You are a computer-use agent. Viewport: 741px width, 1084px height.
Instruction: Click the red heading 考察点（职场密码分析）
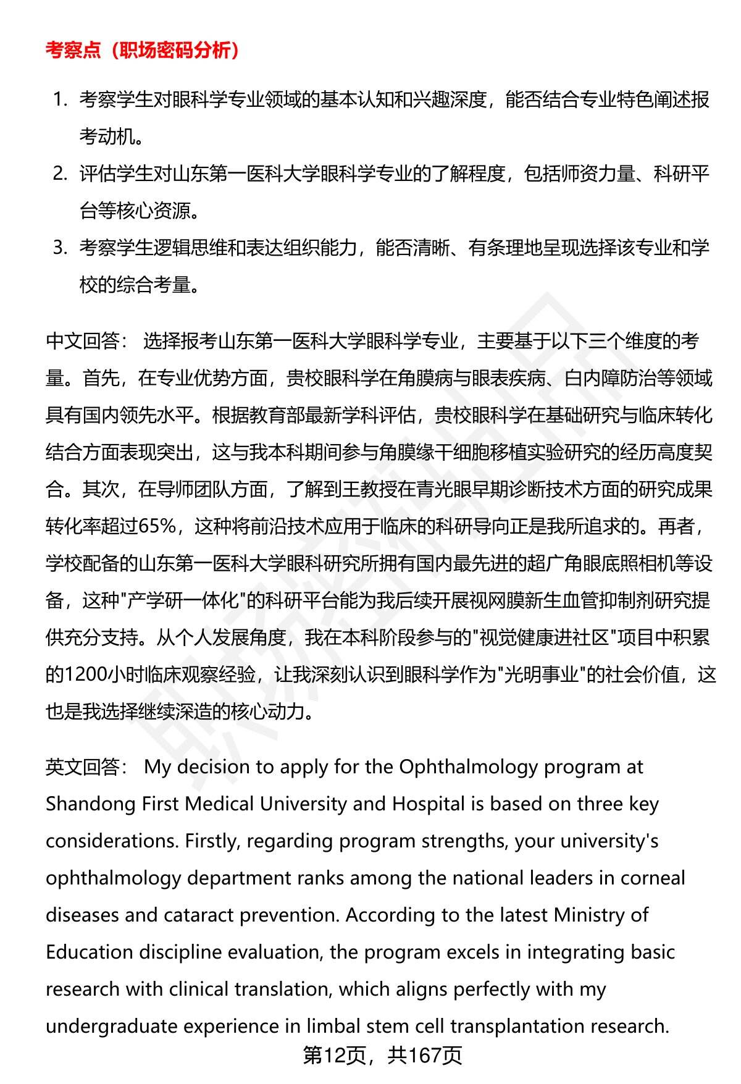[x=143, y=51]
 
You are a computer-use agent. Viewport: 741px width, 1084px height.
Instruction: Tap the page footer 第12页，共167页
[x=382, y=1056]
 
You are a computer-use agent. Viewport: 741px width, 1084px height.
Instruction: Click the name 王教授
[x=348, y=489]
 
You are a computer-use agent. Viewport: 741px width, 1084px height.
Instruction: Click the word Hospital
[x=428, y=804]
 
